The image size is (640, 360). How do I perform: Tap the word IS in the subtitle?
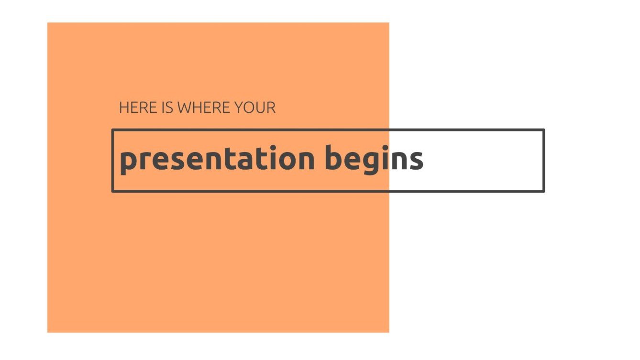(x=167, y=108)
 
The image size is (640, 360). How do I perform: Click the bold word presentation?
(x=217, y=159)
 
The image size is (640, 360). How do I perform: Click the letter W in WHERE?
(x=185, y=108)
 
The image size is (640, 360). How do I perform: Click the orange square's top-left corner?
(x=47, y=22)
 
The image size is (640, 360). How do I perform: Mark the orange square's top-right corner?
(x=389, y=22)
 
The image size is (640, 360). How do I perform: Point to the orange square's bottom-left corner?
(x=47, y=332)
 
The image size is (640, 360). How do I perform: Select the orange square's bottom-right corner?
(x=389, y=332)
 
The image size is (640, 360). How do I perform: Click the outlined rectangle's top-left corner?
(x=113, y=130)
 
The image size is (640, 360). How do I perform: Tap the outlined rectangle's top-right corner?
(x=544, y=130)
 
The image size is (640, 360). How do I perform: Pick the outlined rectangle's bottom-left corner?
(x=113, y=191)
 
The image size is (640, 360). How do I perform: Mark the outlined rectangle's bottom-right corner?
(x=544, y=191)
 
